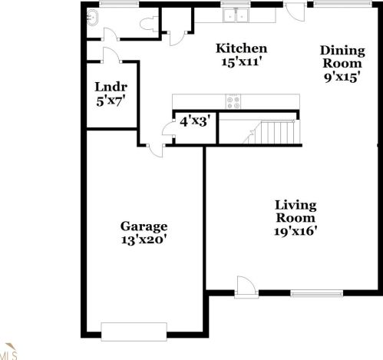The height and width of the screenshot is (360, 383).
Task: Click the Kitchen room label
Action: click(x=242, y=48)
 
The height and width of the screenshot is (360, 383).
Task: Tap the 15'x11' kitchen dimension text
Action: click(x=241, y=62)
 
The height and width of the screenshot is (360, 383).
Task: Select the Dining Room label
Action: click(x=342, y=57)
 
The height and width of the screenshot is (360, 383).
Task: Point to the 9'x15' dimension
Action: click(x=342, y=77)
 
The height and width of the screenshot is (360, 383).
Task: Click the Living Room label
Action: click(x=296, y=212)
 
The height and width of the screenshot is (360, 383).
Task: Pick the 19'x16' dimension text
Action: click(x=296, y=232)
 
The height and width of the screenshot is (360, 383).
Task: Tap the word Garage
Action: click(x=144, y=226)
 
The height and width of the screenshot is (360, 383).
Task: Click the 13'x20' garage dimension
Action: click(x=144, y=240)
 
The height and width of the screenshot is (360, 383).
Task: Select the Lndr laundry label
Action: click(x=111, y=87)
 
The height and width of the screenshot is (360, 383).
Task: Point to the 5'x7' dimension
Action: click(x=111, y=101)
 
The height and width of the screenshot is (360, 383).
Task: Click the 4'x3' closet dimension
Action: click(x=195, y=121)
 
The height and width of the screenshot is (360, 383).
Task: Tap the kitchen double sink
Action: click(x=236, y=15)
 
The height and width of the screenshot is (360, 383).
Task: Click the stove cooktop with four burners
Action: click(x=233, y=102)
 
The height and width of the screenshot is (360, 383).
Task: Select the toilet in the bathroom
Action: click(x=149, y=24)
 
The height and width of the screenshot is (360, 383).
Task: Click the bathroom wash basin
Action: click(x=92, y=18)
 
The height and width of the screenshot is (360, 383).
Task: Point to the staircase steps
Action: click(x=274, y=132)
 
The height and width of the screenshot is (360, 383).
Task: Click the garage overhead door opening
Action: click(x=134, y=332)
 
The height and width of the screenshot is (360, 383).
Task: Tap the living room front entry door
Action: click(x=246, y=287)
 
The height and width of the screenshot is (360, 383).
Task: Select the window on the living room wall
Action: click(x=317, y=293)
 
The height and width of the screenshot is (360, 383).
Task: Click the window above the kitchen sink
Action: click(x=236, y=4)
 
